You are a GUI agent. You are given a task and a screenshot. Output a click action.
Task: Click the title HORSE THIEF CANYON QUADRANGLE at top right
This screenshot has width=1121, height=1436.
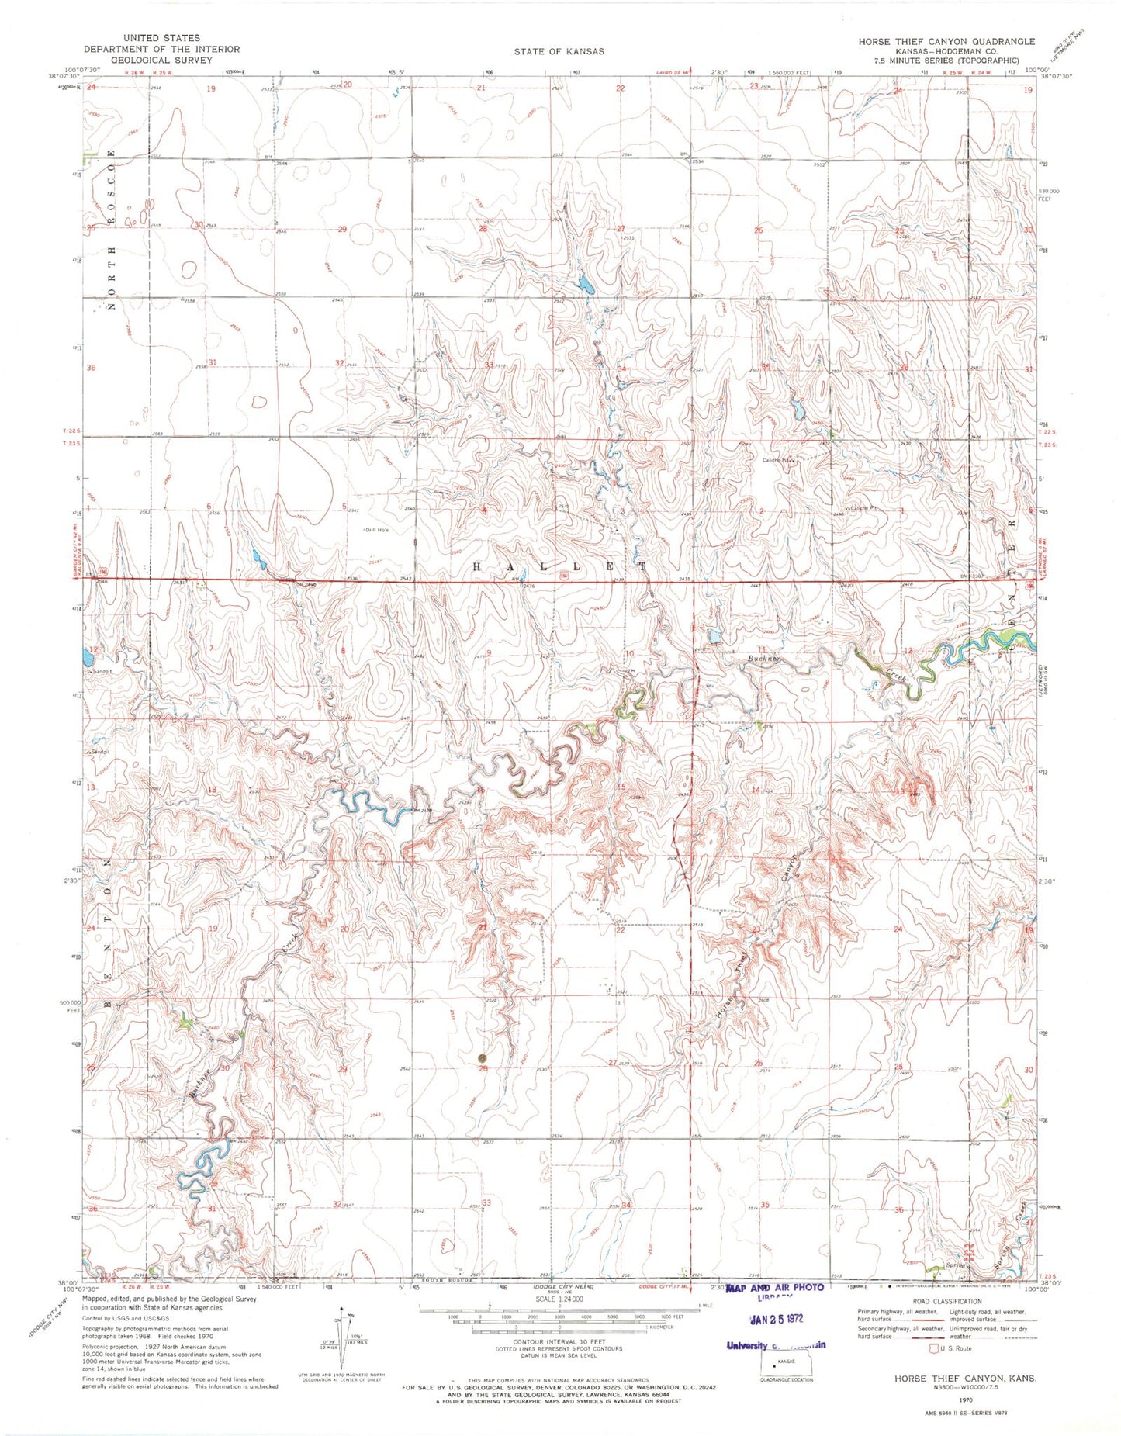[946, 41]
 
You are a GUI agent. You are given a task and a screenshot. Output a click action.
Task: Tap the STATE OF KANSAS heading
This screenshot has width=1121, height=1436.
[559, 51]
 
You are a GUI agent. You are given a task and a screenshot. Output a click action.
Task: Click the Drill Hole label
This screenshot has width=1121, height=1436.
[376, 530]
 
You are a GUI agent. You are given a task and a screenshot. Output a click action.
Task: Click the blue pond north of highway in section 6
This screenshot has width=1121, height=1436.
[257, 555]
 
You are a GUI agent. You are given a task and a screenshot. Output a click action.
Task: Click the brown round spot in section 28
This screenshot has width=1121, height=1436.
[483, 1057]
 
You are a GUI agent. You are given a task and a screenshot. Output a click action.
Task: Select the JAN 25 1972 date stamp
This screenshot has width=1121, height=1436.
[776, 1319]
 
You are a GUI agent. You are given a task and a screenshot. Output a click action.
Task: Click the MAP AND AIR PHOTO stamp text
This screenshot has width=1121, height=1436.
[775, 1287]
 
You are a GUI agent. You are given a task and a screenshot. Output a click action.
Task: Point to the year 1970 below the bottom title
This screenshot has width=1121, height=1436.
[965, 1400]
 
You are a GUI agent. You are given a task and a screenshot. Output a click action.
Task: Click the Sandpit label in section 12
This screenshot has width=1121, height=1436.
[101, 671]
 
